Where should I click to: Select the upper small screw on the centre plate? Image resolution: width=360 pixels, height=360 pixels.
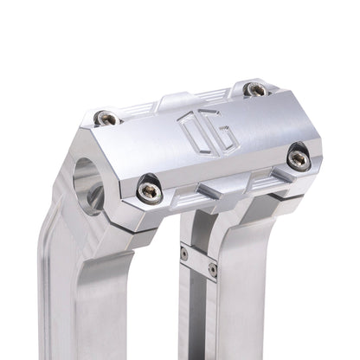185,253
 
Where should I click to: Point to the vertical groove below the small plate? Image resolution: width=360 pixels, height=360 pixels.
201,320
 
